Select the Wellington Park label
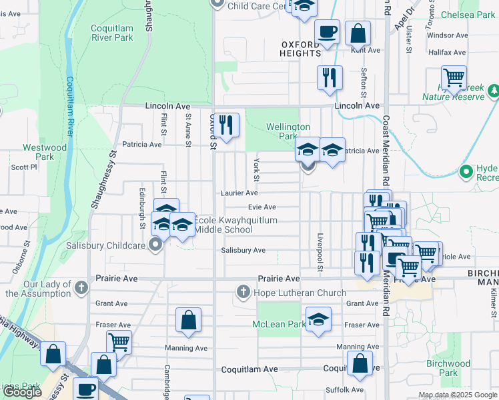coord(288,131)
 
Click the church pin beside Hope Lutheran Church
coord(243,292)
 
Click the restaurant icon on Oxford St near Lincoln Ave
coord(227,125)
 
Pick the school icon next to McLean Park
coord(319,319)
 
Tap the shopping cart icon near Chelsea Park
coord(454,77)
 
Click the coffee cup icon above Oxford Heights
coord(327,31)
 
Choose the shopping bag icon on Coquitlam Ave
coord(360,363)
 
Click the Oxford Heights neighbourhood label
coord(301,49)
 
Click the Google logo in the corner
coord(22,392)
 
